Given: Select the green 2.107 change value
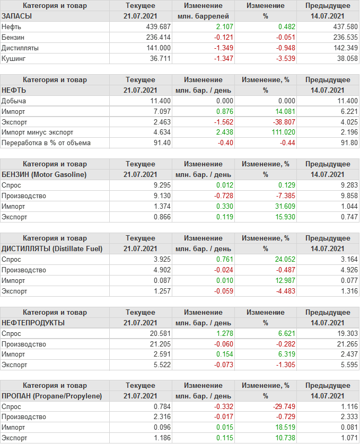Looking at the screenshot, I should tap(221, 26).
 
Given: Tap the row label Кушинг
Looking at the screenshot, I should tap(14, 58).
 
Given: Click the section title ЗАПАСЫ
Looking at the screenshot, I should tap(17, 16).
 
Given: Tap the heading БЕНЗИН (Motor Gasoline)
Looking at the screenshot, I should tap(44, 174).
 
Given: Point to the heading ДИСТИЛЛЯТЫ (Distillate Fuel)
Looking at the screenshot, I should tap(52, 248).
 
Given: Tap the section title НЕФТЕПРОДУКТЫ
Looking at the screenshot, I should tap(33, 323).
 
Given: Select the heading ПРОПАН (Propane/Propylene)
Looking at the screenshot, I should tap(52, 396).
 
